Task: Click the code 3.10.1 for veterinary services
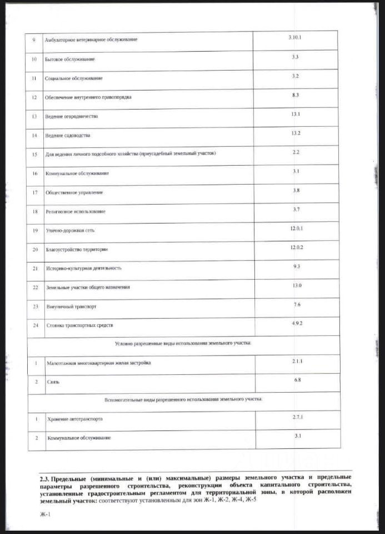click(x=294, y=37)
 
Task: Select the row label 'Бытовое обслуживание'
click(x=70, y=59)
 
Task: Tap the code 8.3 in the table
click(x=296, y=95)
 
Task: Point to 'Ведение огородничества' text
click(x=72, y=116)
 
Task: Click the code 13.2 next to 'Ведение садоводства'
click(x=296, y=133)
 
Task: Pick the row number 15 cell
click(x=35, y=154)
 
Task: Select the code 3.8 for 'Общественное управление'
click(x=296, y=190)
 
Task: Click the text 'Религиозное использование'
click(x=76, y=211)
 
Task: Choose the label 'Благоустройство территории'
click(x=77, y=249)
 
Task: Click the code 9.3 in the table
click(x=297, y=266)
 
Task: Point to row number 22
click(x=35, y=287)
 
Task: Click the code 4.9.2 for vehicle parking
click(x=297, y=323)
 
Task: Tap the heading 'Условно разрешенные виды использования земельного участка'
click(x=183, y=343)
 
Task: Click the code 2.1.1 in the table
click(x=298, y=362)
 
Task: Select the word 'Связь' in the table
click(x=53, y=382)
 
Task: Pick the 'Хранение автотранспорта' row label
click(x=75, y=418)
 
